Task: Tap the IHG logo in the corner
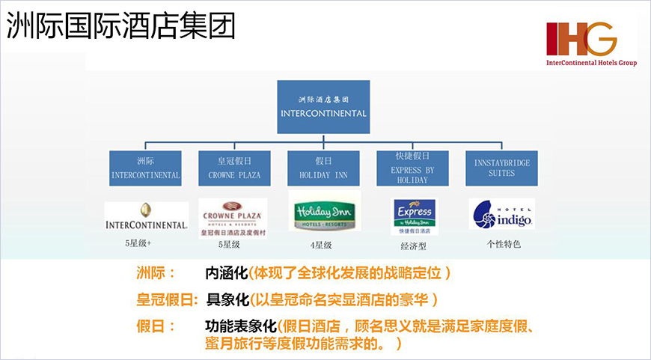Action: tap(590, 44)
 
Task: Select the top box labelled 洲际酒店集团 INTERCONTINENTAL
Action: tap(323, 106)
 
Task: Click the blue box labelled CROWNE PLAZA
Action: tap(234, 168)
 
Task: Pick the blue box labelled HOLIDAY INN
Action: tap(324, 168)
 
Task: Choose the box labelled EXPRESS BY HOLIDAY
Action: tap(412, 168)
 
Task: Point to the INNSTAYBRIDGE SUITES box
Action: tap(501, 168)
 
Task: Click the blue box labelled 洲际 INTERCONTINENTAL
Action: tap(145, 168)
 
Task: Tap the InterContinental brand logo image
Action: tap(146, 216)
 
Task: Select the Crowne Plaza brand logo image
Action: tap(233, 217)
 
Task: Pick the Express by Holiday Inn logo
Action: tap(415, 217)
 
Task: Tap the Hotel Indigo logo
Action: tap(501, 214)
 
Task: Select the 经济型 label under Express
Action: tap(414, 245)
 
